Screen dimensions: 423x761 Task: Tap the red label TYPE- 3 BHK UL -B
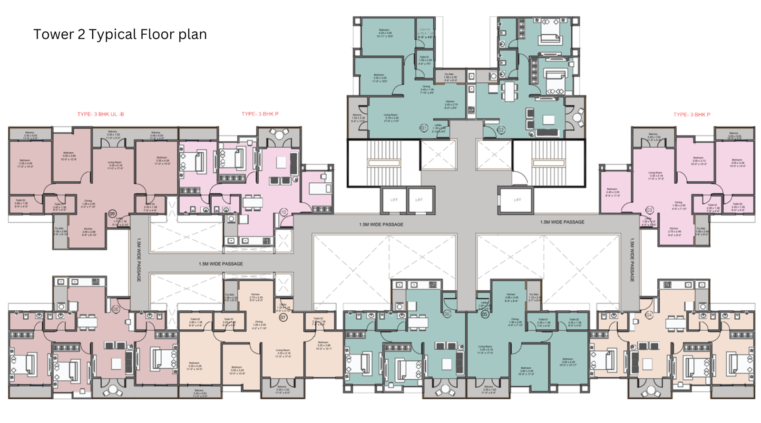100,114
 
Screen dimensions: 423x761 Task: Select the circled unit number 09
112,214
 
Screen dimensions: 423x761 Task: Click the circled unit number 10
283,212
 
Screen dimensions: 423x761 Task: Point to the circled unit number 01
423,128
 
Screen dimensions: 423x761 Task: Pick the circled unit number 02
501,129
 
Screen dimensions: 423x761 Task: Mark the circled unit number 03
649,210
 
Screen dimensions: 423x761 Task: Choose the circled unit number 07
283,317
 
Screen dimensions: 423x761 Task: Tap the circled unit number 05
485,314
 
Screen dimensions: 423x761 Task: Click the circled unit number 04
649,315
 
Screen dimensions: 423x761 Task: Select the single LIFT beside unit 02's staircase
517,200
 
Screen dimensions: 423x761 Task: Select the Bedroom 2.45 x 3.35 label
612,191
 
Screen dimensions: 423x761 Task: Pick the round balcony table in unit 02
577,117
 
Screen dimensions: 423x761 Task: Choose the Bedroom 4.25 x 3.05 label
384,33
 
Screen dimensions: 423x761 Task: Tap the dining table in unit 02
509,91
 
